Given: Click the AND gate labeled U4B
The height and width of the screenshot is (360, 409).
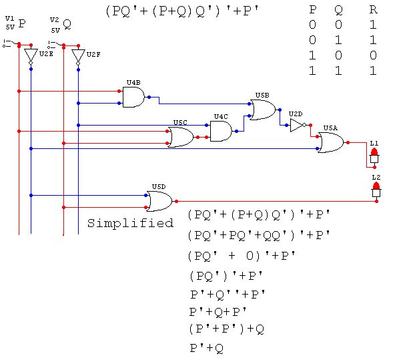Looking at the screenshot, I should coord(133,98).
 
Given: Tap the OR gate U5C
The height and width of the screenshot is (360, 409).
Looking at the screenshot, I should coord(180,137).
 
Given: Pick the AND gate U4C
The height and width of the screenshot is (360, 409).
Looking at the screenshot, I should coord(220,131).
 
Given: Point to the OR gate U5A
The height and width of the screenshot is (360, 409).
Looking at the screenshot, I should coord(330,142).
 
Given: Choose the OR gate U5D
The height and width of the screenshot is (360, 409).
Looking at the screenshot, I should coord(159,201).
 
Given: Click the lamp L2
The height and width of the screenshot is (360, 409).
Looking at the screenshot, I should coord(376,190).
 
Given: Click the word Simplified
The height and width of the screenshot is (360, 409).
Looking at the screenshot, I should coord(130,223).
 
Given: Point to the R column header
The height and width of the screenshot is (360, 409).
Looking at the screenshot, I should coord(372,10).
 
